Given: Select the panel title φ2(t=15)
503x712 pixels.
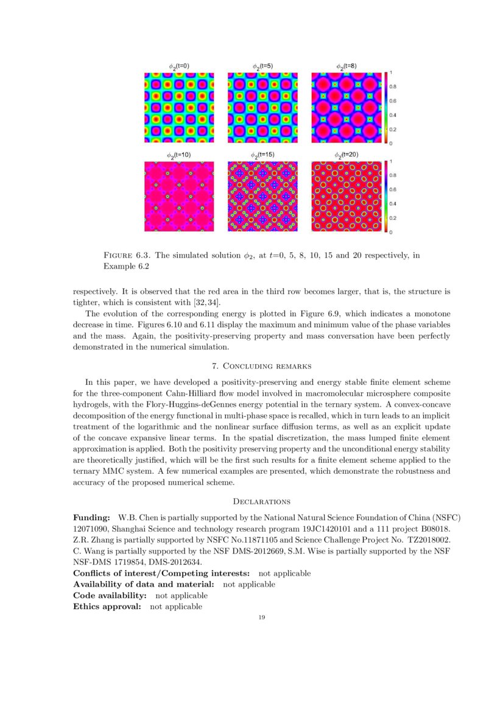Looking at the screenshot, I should click(262, 155).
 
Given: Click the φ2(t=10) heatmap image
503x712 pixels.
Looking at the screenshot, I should click(179, 196).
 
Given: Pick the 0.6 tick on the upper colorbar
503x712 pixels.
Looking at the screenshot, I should click(393, 100).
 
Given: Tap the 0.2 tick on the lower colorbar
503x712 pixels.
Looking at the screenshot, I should click(393, 218).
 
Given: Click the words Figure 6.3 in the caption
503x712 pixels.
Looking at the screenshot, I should click(120, 256).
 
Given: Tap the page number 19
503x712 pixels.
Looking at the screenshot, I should click(262, 618).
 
